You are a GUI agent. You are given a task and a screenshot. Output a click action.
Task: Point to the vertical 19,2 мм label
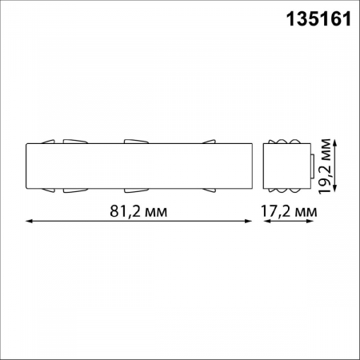(x=326, y=166)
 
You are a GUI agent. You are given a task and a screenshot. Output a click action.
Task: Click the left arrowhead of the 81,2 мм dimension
(x=30, y=222)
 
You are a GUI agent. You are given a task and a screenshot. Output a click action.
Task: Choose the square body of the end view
(x=286, y=166)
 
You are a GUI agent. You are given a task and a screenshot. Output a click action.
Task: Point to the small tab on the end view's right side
(x=312, y=166)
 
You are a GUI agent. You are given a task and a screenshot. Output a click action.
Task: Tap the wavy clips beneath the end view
(x=286, y=192)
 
